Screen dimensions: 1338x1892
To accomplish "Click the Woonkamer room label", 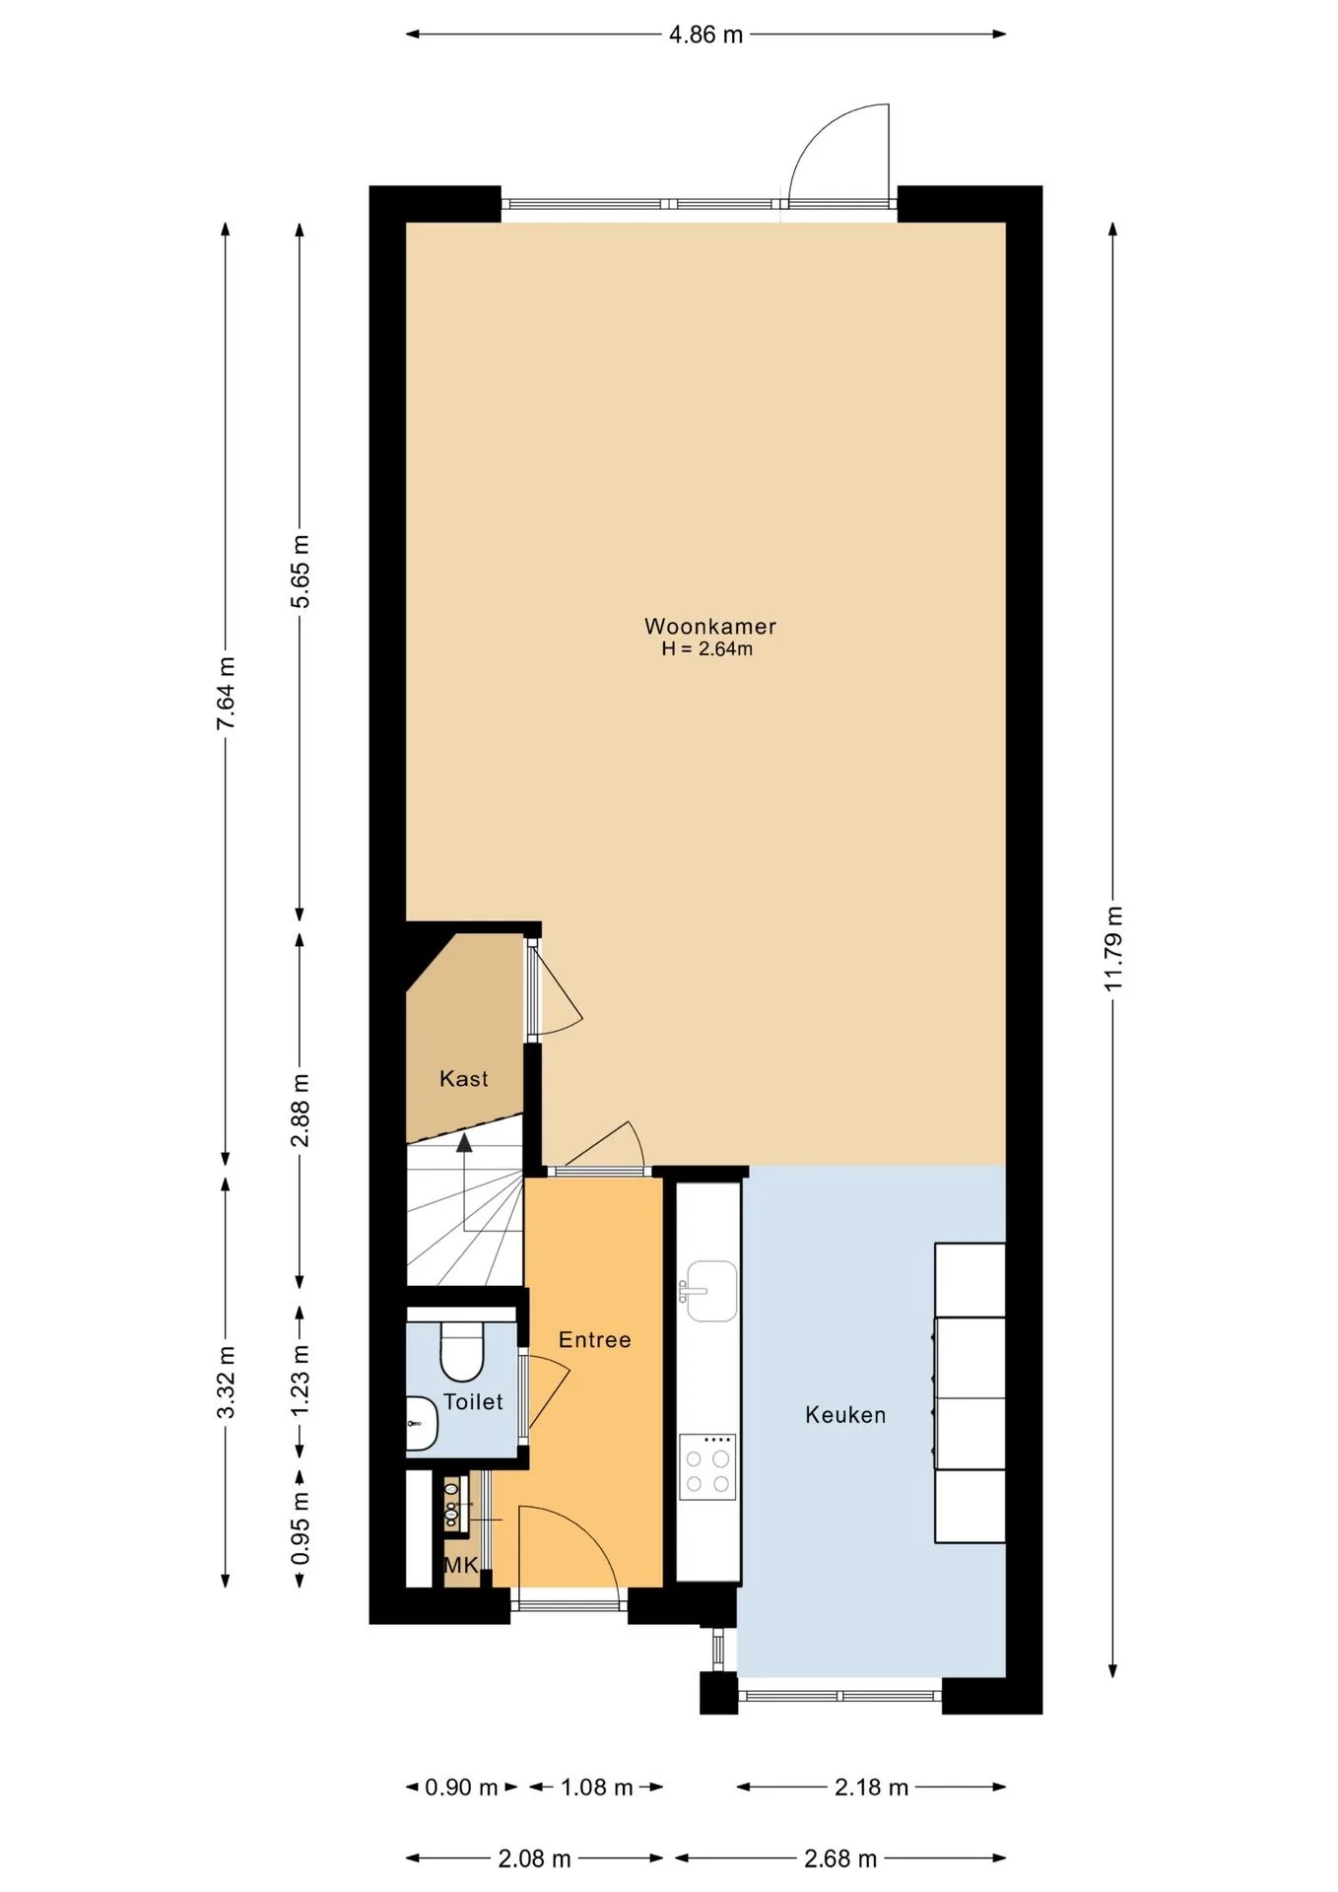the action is [709, 626].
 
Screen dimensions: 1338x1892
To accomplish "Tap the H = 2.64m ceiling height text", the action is [707, 649].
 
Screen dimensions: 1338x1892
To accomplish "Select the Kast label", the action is [463, 1079].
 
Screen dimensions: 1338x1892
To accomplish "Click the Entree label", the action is [594, 1339].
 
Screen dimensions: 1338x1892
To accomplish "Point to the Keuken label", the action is [845, 1415].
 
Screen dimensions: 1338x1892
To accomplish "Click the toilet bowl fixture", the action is [461, 1350].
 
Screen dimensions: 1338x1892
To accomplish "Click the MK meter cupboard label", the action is [461, 1565].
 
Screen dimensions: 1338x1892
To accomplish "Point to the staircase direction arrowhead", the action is [463, 1142].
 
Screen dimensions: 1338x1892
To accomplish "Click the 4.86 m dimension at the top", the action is [705, 34].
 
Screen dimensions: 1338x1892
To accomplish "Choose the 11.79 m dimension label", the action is [1113, 948].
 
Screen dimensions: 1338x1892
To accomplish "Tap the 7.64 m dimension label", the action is [226, 693].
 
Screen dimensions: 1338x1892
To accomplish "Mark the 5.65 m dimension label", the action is [301, 572].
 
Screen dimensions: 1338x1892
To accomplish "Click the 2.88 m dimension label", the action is [301, 1111].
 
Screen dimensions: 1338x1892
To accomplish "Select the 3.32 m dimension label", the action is [226, 1382].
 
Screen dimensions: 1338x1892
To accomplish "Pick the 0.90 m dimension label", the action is [461, 1788].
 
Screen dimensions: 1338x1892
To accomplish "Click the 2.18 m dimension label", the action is [871, 1788].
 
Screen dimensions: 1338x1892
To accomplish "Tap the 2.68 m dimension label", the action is [840, 1859].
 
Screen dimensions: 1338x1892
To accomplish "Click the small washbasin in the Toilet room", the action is [422, 1423].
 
